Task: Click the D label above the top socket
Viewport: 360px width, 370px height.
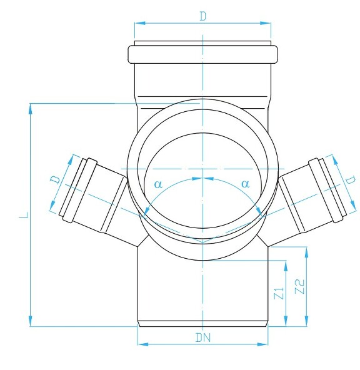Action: (x=203, y=16)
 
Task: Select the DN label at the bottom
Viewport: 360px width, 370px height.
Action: (x=203, y=338)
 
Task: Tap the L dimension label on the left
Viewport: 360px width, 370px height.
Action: (x=24, y=215)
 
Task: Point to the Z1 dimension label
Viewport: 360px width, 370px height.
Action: (x=279, y=293)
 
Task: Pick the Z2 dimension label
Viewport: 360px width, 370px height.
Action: (x=299, y=286)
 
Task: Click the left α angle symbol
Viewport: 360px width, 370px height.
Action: (x=158, y=184)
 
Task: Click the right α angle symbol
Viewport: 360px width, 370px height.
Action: (x=246, y=184)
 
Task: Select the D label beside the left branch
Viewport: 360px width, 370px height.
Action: (x=56, y=180)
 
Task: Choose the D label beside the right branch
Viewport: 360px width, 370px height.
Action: (x=351, y=180)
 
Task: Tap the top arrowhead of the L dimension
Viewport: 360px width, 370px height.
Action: (x=30, y=109)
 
